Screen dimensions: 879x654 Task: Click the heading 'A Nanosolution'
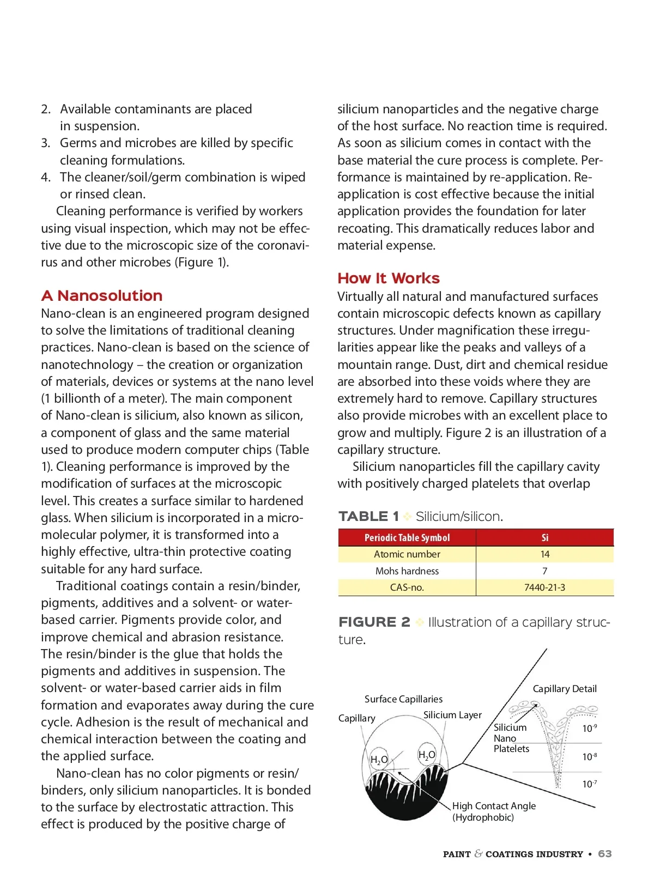101,295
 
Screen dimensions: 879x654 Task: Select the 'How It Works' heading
388,278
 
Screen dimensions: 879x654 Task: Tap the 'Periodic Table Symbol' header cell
407,538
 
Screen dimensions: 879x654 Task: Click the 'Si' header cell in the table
544,538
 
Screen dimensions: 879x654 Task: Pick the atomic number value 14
544,554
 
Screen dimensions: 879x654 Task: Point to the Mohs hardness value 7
544,571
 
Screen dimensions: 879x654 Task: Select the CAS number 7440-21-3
544,587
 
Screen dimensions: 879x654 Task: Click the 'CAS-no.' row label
407,587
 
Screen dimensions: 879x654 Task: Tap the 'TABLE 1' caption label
368,516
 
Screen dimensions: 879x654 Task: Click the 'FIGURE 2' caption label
374,622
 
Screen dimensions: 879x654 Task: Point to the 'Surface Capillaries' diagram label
403,699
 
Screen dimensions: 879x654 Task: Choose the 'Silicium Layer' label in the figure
452,715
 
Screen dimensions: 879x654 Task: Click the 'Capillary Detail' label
564,689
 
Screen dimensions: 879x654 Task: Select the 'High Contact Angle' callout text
494,806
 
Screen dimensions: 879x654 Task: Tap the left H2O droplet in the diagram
379,760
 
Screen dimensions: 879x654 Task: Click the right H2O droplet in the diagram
427,755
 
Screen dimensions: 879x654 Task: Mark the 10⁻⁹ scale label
589,729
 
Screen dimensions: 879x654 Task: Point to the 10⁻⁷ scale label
589,784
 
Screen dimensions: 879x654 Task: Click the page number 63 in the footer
604,854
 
